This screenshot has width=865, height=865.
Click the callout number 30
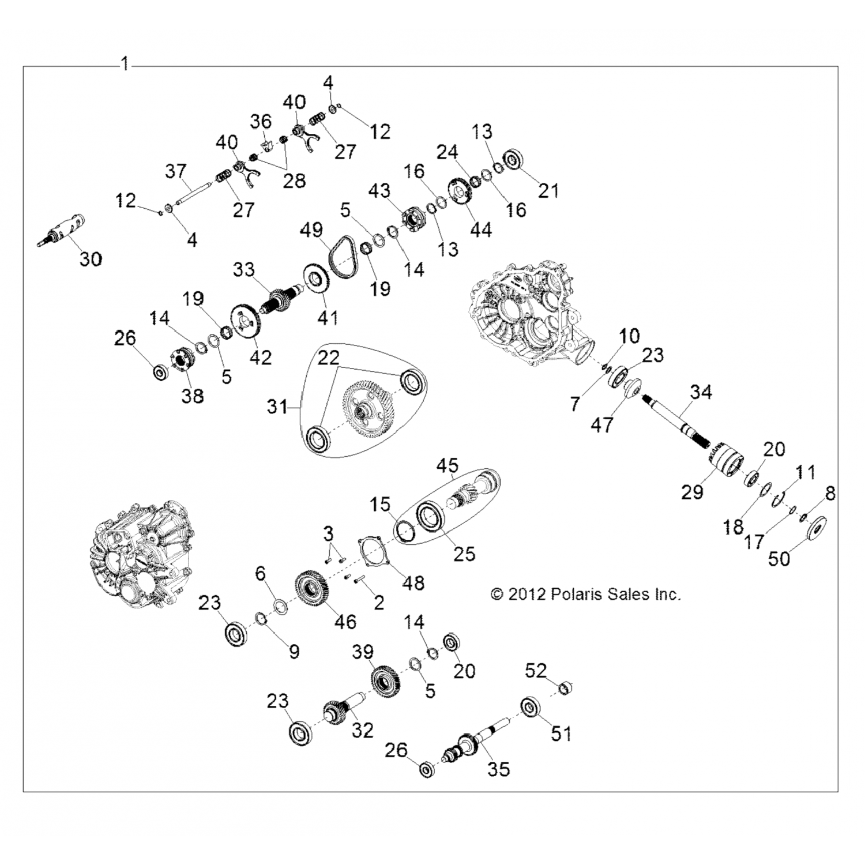tap(91, 259)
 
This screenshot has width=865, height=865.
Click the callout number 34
tap(701, 392)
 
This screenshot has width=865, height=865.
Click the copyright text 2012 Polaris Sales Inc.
tap(586, 594)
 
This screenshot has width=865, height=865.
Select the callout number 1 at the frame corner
tap(125, 63)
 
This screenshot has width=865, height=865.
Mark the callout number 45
tap(447, 465)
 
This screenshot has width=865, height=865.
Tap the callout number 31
tap(277, 407)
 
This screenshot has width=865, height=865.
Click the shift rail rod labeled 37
tap(187, 192)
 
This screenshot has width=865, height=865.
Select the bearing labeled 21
tap(513, 160)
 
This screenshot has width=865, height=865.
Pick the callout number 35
tap(499, 769)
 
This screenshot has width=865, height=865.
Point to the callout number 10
tap(630, 336)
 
